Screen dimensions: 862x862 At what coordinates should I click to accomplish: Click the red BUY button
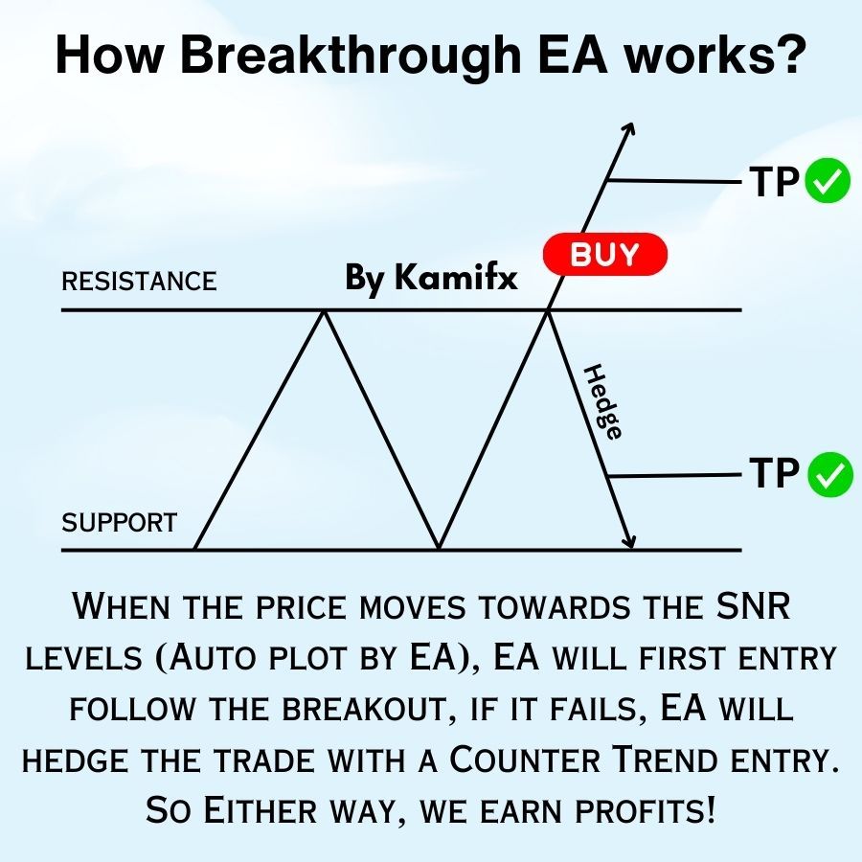click(604, 254)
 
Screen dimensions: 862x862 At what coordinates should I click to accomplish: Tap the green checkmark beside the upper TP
click(828, 180)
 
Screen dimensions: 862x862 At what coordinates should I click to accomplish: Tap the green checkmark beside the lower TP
click(830, 474)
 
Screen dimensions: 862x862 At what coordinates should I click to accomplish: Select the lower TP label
click(774, 473)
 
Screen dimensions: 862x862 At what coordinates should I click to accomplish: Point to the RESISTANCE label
click(139, 281)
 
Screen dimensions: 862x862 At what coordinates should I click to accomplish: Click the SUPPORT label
click(120, 522)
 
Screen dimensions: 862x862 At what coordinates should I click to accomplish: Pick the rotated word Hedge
click(602, 402)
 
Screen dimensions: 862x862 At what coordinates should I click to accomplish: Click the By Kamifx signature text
click(431, 277)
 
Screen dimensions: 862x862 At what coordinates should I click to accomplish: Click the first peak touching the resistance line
click(325, 312)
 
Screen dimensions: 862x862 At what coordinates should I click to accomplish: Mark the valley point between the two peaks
click(439, 547)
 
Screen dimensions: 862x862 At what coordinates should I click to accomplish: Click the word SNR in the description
click(753, 606)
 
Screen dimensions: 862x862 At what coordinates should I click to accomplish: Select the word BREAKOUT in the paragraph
click(364, 709)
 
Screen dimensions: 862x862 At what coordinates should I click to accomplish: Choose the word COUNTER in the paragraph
click(525, 760)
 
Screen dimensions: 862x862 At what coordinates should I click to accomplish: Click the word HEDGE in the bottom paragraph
click(76, 760)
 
